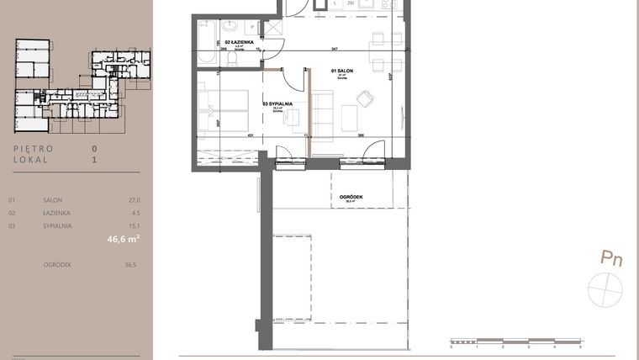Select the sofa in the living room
[x=324, y=113]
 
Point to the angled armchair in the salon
[x=366, y=98]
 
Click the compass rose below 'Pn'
[x=608, y=289]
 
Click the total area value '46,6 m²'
[x=123, y=240]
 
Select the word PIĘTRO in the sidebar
[x=34, y=149]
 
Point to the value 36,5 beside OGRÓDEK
[x=130, y=265]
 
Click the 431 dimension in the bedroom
[x=250, y=135]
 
